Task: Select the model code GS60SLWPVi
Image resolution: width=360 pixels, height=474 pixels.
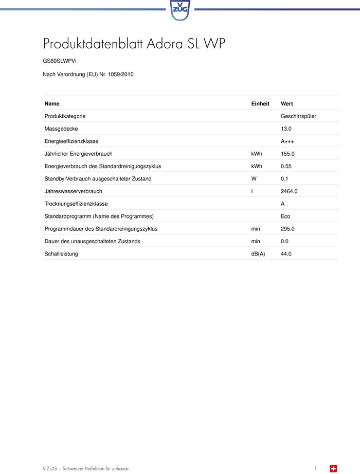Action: coord(60,61)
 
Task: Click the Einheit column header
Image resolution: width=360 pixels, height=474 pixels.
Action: coord(260,103)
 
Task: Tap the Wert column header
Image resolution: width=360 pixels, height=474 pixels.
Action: coord(287,103)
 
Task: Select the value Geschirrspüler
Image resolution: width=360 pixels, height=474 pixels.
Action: coord(298,116)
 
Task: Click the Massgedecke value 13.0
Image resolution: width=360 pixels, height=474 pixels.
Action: coord(286,129)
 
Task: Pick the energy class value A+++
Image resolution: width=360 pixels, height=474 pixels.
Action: coord(287,141)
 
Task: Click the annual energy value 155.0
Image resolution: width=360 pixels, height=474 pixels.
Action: coord(287,154)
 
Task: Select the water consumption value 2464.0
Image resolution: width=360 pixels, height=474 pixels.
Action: coord(289,191)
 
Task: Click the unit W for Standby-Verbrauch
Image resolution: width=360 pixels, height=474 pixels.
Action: coord(254,178)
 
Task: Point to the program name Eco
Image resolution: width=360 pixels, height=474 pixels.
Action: coord(285,216)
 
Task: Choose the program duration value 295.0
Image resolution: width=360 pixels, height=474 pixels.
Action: coord(287,229)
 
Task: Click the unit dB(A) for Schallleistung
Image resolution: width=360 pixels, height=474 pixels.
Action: coord(258,254)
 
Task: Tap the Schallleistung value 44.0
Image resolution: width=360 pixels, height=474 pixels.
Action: coord(286,254)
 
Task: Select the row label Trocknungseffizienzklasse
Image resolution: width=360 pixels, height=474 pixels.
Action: coord(76,204)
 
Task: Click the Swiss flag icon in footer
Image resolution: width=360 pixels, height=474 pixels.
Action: coord(333,468)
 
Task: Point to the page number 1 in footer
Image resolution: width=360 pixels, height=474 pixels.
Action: coord(316,468)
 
